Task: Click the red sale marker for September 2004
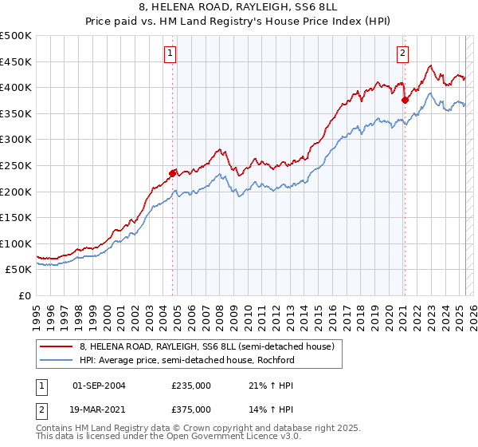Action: [x=172, y=172]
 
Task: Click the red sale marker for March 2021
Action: [x=405, y=100]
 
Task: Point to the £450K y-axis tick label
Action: [x=16, y=61]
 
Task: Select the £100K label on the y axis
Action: [x=16, y=243]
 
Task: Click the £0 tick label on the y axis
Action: [x=24, y=295]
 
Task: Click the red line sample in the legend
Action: [x=57, y=346]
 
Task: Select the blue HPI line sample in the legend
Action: [x=57, y=360]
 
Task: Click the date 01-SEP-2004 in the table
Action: [x=99, y=386]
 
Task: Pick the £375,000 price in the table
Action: [x=191, y=409]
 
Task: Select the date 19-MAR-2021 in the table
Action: [x=99, y=409]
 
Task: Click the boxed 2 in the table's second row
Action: [x=41, y=409]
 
